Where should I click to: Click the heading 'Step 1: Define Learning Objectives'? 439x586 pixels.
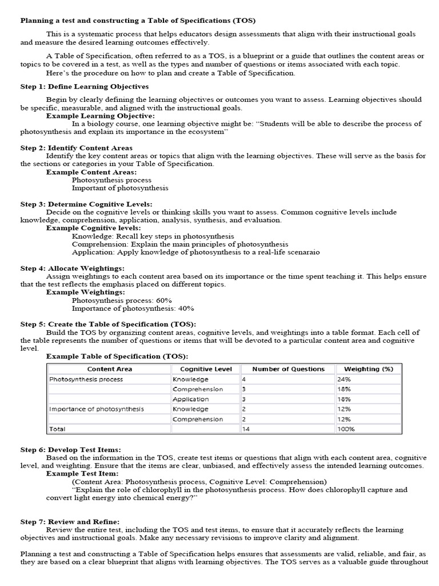[85, 87]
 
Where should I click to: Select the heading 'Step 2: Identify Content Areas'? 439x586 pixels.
[77, 148]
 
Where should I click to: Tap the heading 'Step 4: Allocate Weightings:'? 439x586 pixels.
[73, 268]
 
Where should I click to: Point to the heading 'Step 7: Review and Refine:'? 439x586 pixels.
[70, 521]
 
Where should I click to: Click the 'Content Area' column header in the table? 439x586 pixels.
[109, 369]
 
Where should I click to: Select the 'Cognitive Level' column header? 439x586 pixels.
[206, 369]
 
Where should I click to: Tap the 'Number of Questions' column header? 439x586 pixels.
[288, 369]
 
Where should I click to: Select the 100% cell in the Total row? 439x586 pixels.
[346, 429]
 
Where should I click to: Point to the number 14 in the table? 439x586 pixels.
[246, 429]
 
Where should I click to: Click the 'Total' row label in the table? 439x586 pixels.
[58, 429]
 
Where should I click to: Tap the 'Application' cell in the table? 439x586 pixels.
[190, 399]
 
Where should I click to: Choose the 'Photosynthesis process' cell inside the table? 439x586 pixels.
[86, 379]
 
